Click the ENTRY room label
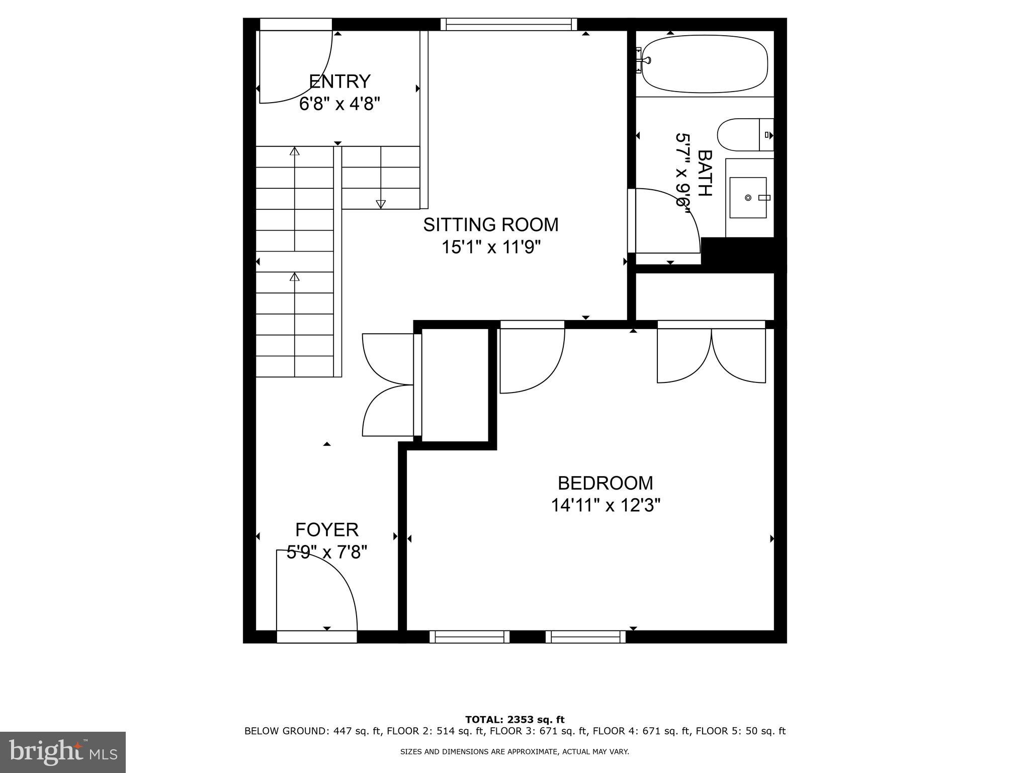339,81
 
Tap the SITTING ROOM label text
490,224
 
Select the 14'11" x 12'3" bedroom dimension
605,505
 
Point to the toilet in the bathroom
744,135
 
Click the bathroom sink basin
748,197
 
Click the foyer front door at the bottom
317,594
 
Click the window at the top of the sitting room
508,24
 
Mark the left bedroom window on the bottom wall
469,637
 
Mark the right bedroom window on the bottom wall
585,637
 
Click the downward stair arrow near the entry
381,203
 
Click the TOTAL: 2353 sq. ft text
514,720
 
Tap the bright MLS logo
63,752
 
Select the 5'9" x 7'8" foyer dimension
327,553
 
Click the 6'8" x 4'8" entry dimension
339,104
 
